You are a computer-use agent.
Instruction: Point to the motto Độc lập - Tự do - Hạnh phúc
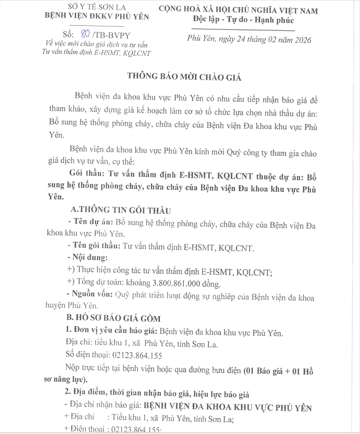coord(243,20)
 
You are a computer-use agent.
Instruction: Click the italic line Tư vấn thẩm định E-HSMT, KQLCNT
coord(96,52)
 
